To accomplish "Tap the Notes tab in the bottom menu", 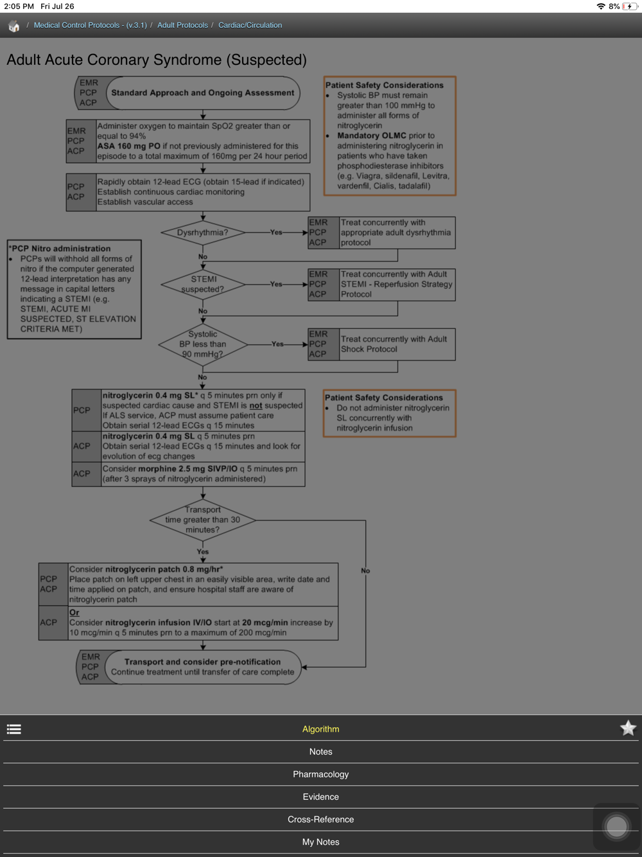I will pos(320,752).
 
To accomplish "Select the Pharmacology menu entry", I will pos(320,774).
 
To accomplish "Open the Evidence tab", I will pos(320,797).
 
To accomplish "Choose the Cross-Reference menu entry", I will pos(320,819).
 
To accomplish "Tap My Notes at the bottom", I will pos(320,842).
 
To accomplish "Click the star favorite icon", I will pos(628,728).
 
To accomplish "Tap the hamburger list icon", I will pos(14,729).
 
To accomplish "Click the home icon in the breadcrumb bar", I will pos(13,26).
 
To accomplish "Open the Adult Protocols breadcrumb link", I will pos(182,25).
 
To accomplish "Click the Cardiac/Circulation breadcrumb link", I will pos(250,25).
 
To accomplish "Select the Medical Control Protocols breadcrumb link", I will pos(90,25).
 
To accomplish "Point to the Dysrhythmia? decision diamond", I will pos(203,233).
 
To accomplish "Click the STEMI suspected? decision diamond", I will pos(203,284).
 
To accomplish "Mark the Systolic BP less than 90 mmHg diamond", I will pos(203,344).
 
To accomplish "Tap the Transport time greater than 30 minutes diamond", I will pos(203,520).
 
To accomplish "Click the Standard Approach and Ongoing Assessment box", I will pos(202,93).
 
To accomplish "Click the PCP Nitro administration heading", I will pos(60,249).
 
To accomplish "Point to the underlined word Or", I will pos(74,612).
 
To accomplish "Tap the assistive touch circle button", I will pos(616,826).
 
